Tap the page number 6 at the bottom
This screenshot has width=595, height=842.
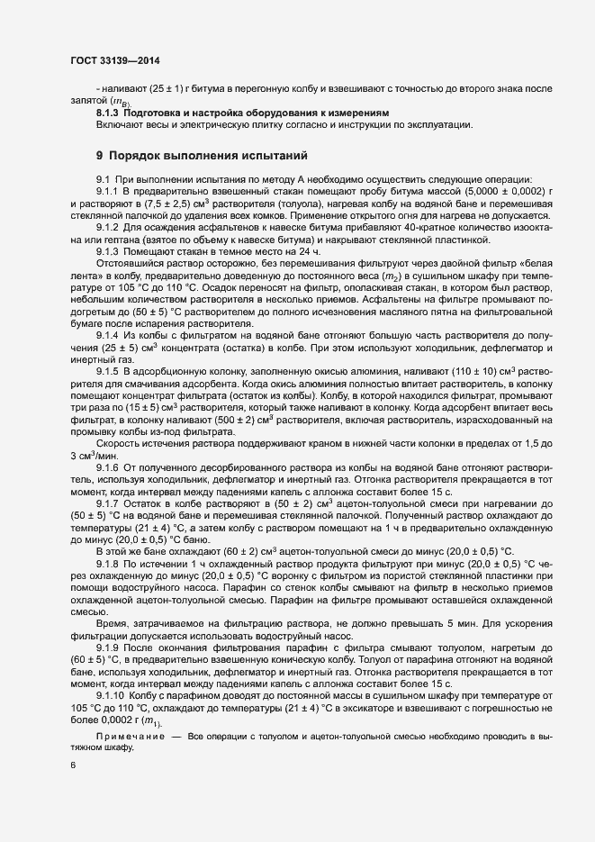pyautogui.click(x=73, y=765)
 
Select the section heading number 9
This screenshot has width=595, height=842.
pyautogui.click(x=101, y=155)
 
